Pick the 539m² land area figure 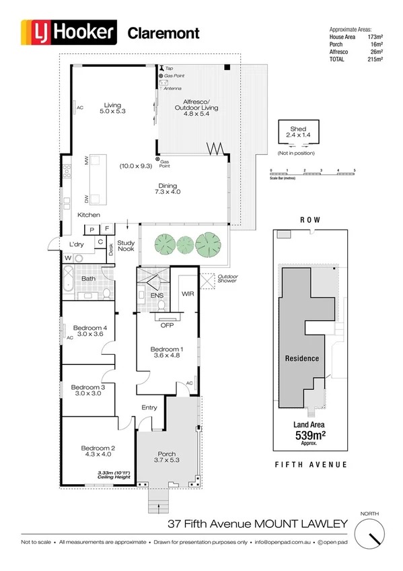pos(310,435)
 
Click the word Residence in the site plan pos(301,358)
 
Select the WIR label pos(188,294)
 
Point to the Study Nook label pos(126,246)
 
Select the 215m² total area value pos(375,60)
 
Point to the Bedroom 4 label pos(91,331)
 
